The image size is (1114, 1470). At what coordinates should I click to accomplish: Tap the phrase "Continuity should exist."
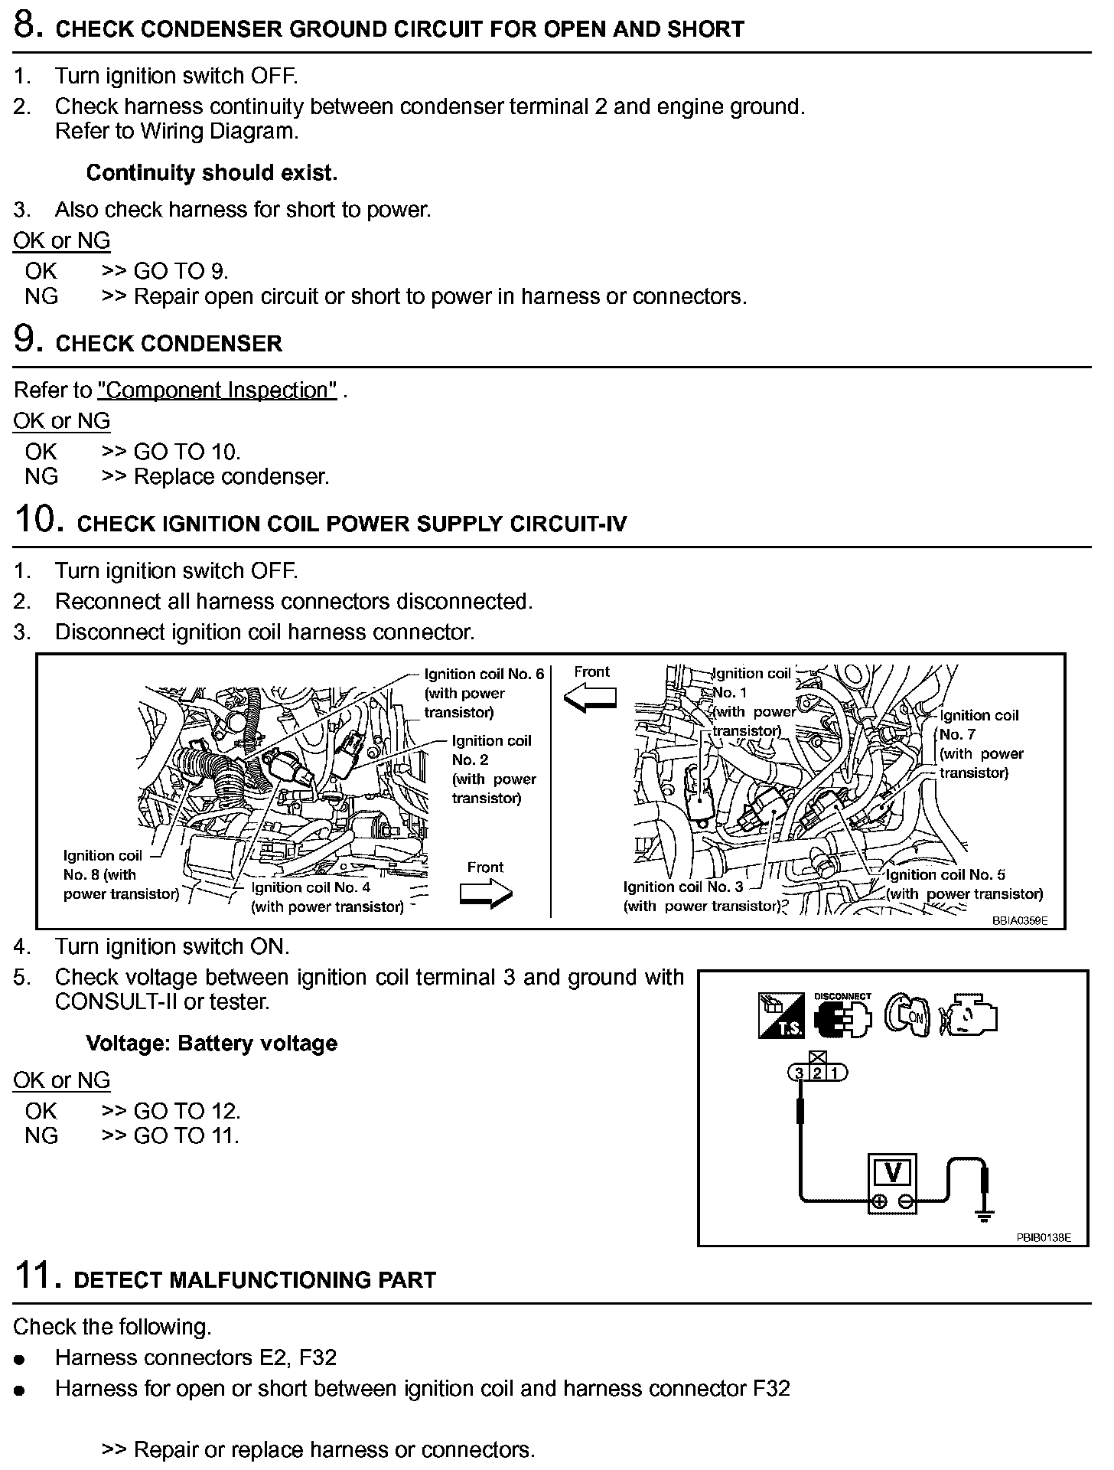tap(211, 173)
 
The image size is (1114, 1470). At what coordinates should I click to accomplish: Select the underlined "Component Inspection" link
tap(217, 390)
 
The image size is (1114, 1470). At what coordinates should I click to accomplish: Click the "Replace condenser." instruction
tap(231, 477)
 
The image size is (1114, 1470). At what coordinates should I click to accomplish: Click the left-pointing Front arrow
tap(590, 697)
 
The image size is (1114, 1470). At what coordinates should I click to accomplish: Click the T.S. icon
tap(781, 1016)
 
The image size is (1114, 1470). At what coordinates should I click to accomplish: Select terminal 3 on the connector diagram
tap(800, 1073)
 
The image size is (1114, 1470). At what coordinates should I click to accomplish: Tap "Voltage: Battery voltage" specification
tap(211, 1044)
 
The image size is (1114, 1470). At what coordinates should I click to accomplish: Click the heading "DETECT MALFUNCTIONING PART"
tap(254, 1280)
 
